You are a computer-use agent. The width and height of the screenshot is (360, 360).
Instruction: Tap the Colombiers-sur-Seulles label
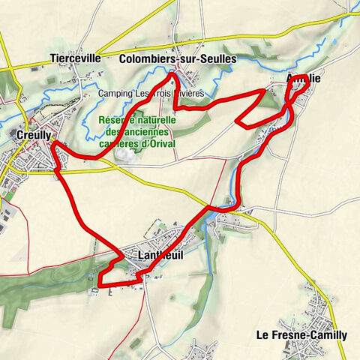pos(178,58)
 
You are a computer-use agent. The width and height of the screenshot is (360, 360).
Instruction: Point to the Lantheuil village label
pos(160,255)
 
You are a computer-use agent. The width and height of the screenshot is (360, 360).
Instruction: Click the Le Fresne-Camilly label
pos(301,335)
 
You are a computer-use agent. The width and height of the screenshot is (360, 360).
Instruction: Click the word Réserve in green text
pos(115,120)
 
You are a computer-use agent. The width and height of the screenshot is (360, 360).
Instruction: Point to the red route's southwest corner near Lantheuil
pos(99,284)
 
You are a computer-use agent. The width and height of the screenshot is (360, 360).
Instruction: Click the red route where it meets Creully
pos(53,142)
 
